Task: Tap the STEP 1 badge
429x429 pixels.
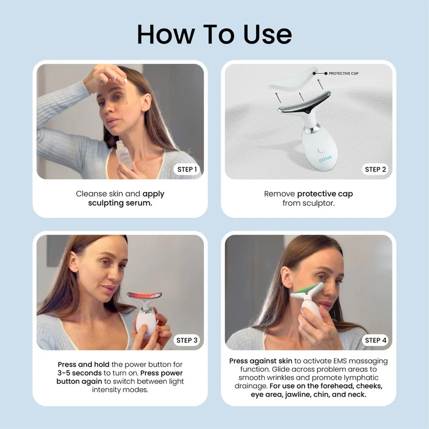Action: click(187, 169)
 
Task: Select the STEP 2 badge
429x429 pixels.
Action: click(375, 169)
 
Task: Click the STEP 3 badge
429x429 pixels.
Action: click(187, 340)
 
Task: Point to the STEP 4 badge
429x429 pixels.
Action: click(375, 340)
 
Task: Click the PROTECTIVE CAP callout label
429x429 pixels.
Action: click(343, 73)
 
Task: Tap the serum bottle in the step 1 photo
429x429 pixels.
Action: click(124, 158)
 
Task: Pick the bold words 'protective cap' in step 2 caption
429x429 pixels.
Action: click(325, 194)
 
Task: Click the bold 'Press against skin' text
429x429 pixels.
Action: click(261, 361)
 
